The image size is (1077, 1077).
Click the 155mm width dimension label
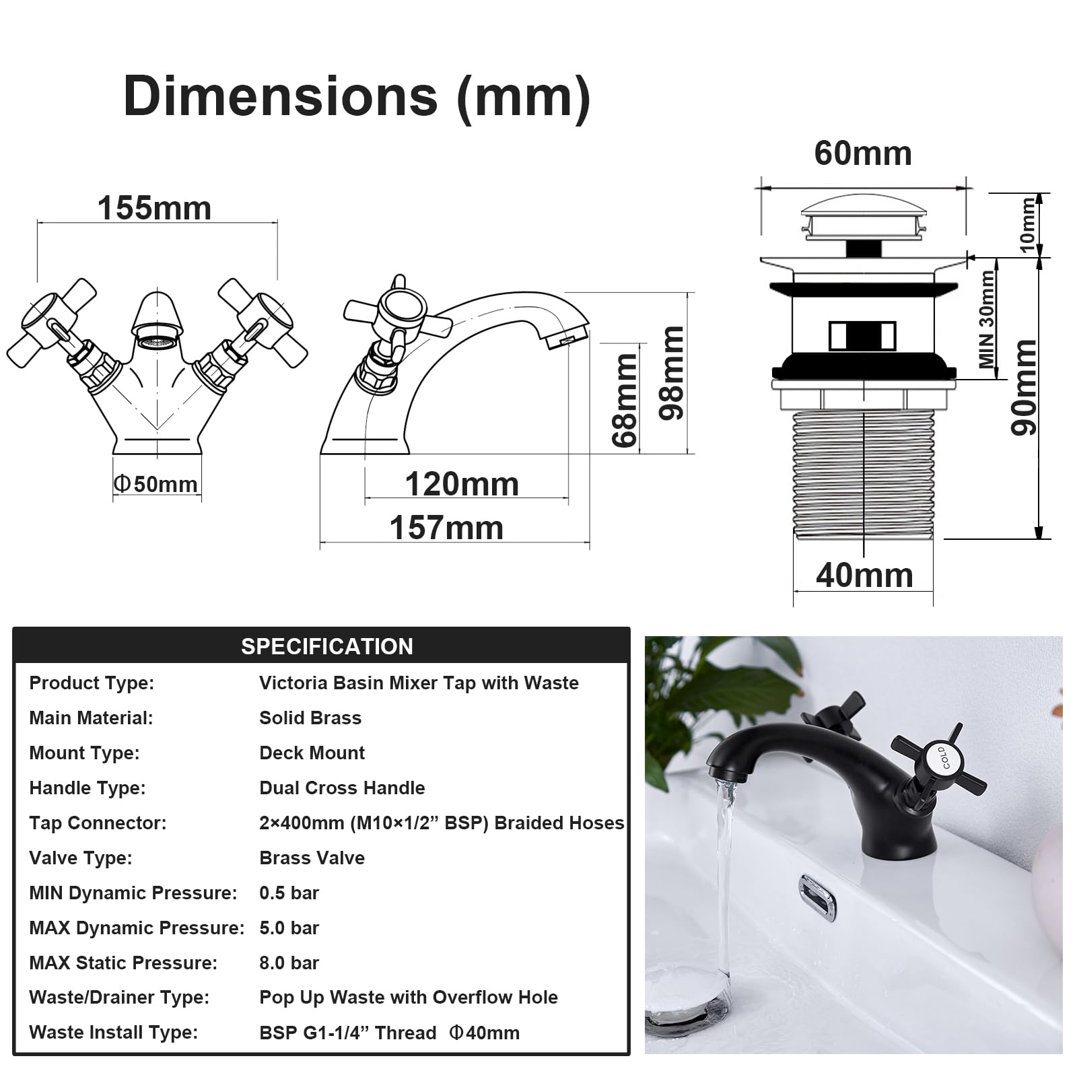click(x=154, y=208)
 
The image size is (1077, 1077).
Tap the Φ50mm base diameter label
click(x=155, y=484)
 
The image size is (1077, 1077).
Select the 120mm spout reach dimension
click(x=462, y=484)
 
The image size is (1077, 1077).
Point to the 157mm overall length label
click(x=446, y=528)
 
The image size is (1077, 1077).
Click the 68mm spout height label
click(x=625, y=401)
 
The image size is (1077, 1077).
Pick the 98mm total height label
click(x=670, y=373)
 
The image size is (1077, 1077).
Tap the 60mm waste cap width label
click(x=863, y=153)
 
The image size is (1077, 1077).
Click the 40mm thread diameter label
click(x=864, y=576)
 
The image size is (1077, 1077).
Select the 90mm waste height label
click(x=1024, y=387)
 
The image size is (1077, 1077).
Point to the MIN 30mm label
click(x=987, y=319)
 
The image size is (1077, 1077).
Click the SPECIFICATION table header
click(x=327, y=646)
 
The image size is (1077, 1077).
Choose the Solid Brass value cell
click(x=310, y=718)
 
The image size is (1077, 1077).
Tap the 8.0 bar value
click(x=289, y=963)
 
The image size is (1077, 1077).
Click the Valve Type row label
click(x=81, y=858)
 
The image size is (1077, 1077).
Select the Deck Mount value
click(x=312, y=753)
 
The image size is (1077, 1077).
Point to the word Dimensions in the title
click(x=280, y=96)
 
